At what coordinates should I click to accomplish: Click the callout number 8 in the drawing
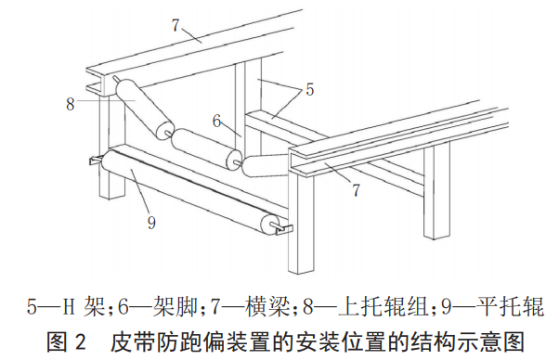pyautogui.click(x=71, y=104)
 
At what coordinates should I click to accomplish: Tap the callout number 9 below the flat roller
pyautogui.click(x=151, y=223)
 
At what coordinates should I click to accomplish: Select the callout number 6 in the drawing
pyautogui.click(x=216, y=121)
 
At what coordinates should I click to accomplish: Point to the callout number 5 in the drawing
pyautogui.click(x=310, y=89)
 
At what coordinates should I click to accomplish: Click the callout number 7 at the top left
pyautogui.click(x=175, y=25)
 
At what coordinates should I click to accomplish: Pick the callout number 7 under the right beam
pyautogui.click(x=357, y=190)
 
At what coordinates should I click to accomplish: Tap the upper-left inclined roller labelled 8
pyautogui.click(x=145, y=109)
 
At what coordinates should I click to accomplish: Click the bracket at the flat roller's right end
pyautogui.click(x=284, y=228)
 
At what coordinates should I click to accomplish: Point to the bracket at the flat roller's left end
pyautogui.click(x=96, y=160)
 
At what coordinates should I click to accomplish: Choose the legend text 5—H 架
pyautogui.click(x=66, y=306)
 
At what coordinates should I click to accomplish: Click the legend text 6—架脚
pyautogui.click(x=158, y=306)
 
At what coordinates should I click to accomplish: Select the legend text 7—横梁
pyautogui.click(x=250, y=306)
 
